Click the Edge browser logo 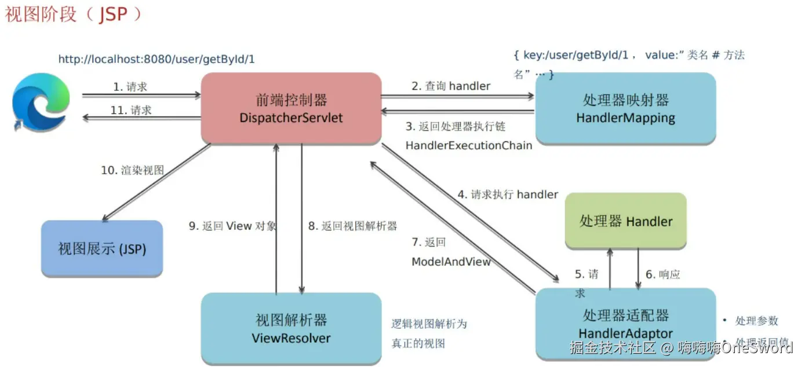41,102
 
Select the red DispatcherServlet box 291,108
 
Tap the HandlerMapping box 625,108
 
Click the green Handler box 625,221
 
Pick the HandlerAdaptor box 625,324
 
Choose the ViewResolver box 291,328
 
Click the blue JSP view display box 102,249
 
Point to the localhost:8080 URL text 156,59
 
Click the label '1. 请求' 130,87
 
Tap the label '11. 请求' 131,110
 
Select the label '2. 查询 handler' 451,86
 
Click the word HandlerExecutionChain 468,145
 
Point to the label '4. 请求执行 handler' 508,194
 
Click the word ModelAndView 451,262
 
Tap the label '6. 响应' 663,274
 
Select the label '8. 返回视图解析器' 352,226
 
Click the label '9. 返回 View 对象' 232,226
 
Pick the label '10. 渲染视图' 133,170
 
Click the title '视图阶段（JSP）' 73,14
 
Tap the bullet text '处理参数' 756,321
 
